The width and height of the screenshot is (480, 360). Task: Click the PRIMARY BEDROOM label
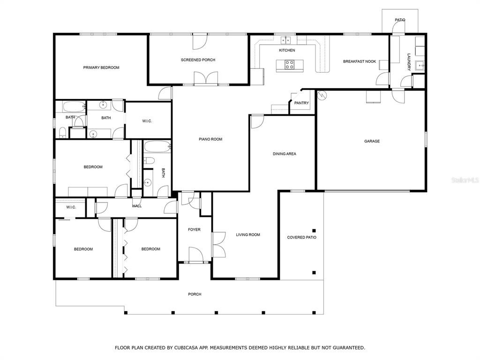tap(101, 67)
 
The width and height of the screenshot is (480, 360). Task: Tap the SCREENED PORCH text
tap(198, 60)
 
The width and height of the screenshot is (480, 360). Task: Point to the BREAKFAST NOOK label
tap(360, 61)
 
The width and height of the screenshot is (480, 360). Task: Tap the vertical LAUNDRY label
tap(409, 62)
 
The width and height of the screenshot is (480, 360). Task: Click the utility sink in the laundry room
tap(420, 65)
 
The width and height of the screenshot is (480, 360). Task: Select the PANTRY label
tap(301, 103)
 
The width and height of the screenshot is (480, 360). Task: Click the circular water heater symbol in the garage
tap(322, 95)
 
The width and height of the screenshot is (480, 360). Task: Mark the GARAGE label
tap(372, 141)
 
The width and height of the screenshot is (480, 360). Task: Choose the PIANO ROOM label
tap(210, 139)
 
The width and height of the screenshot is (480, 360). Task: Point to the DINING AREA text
tap(285, 154)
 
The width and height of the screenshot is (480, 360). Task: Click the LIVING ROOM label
tap(248, 235)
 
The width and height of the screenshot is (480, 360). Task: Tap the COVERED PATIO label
tap(301, 238)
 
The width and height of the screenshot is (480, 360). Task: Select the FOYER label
tap(194, 230)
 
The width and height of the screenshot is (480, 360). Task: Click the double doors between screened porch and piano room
tap(206, 78)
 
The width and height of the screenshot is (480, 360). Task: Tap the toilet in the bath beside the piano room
tap(149, 161)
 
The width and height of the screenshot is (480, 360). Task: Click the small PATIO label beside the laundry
tap(399, 20)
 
